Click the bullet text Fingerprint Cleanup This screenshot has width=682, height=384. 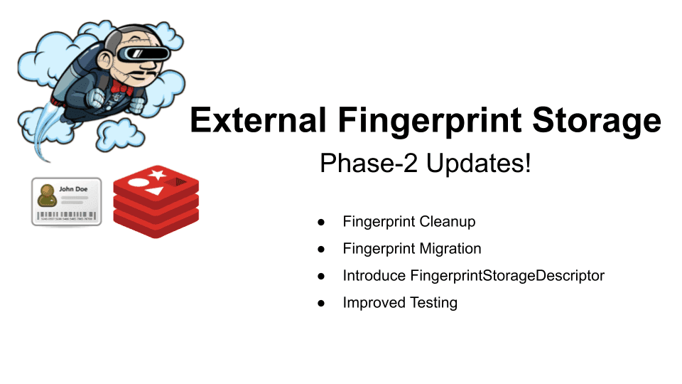click(408, 221)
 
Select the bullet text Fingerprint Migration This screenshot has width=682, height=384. click(411, 248)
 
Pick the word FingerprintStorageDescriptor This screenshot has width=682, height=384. click(507, 275)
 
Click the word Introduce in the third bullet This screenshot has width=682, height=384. click(374, 275)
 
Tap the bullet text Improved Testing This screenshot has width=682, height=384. click(400, 302)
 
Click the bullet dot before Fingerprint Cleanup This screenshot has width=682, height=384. click(321, 222)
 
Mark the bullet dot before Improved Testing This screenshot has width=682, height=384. click(321, 303)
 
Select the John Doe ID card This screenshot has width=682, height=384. click(66, 202)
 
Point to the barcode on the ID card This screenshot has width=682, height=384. click(67, 215)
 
